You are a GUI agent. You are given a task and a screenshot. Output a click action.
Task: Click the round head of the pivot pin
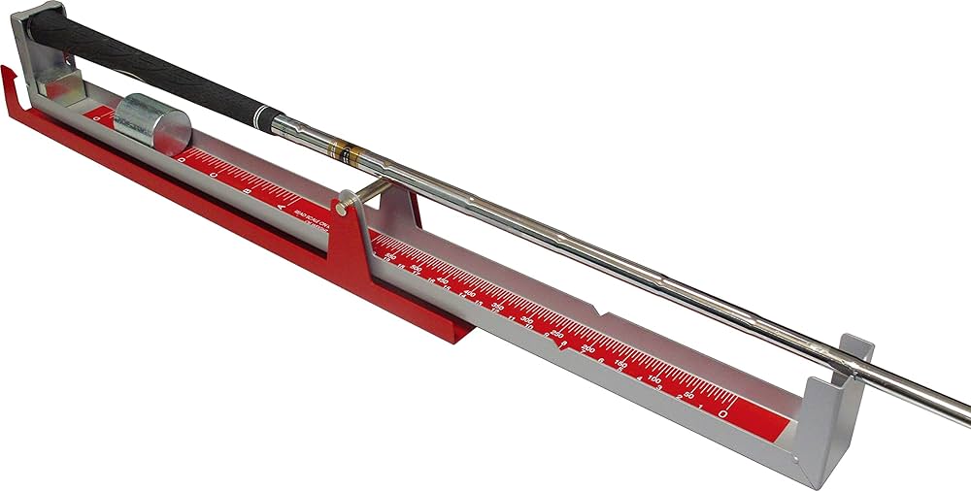click(x=343, y=206)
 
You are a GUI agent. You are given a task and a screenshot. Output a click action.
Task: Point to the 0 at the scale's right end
click(x=724, y=411)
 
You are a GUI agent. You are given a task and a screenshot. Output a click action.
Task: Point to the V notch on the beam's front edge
click(x=606, y=314)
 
